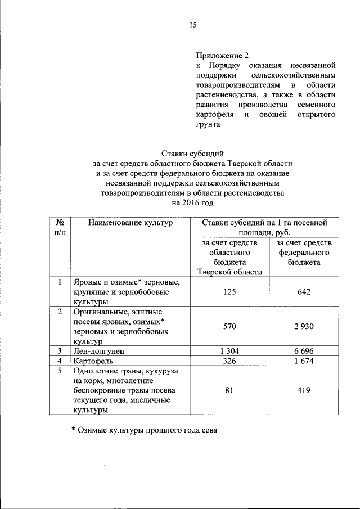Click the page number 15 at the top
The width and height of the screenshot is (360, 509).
(x=192, y=25)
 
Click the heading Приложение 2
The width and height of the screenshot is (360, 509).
(x=222, y=56)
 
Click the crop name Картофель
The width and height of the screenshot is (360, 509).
(x=94, y=361)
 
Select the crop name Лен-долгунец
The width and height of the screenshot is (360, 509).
(x=100, y=351)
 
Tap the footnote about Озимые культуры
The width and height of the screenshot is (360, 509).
(x=143, y=430)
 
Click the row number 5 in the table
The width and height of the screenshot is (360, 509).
(x=59, y=371)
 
